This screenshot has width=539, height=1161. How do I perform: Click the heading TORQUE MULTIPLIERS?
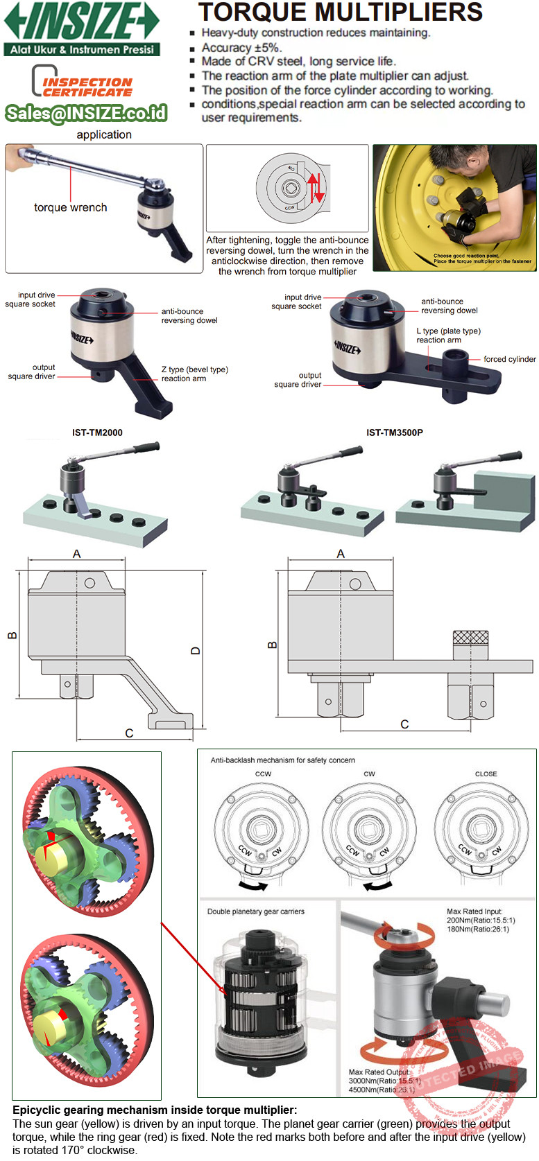(340, 12)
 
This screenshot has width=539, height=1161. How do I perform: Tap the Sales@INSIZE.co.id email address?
(86, 113)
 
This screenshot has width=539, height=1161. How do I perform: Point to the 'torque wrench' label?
(70, 207)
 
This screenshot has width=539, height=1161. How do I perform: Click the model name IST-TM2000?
(97, 433)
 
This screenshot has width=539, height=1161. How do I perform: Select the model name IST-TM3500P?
(394, 433)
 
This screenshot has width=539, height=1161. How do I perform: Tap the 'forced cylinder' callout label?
(509, 359)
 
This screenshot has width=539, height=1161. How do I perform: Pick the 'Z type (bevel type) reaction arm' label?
(194, 374)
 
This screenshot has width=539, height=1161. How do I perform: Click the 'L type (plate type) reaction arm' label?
(448, 335)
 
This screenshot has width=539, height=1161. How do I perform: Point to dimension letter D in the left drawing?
(196, 651)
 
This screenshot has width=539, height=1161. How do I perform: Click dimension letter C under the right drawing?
(404, 724)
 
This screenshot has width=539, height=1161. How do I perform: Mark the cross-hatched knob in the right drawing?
(470, 638)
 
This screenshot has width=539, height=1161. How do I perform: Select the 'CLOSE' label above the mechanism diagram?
(486, 774)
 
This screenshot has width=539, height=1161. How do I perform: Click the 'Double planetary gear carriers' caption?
(255, 911)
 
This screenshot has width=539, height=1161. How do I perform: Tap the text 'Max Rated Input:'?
(474, 911)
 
